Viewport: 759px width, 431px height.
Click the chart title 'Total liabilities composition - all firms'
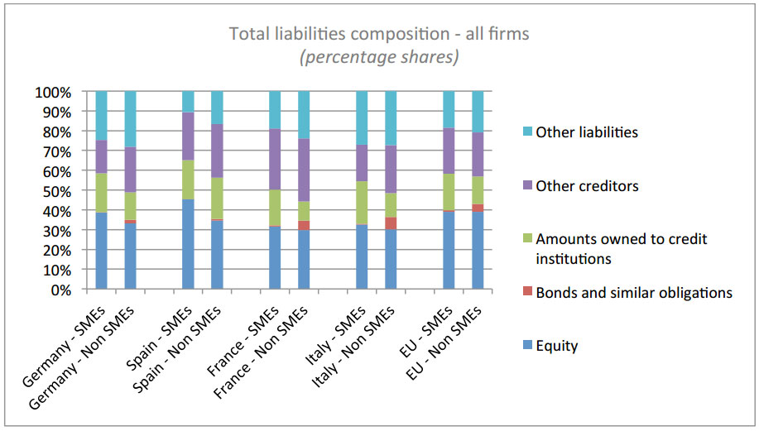(x=378, y=34)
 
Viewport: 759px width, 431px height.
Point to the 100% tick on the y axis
(x=54, y=92)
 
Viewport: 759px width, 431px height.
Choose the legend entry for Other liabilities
(x=587, y=132)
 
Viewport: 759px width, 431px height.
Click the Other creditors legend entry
(x=587, y=185)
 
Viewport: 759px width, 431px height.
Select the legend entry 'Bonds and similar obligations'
(x=634, y=292)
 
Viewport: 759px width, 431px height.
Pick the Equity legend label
(x=556, y=346)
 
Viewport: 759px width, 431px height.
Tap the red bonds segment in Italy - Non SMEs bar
(x=391, y=223)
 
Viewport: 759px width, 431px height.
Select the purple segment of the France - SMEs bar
(x=275, y=159)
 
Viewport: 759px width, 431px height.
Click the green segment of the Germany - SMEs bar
(x=102, y=193)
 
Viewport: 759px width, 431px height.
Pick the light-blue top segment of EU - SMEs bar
(x=448, y=109)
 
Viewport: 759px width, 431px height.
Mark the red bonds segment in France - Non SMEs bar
(x=304, y=226)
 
